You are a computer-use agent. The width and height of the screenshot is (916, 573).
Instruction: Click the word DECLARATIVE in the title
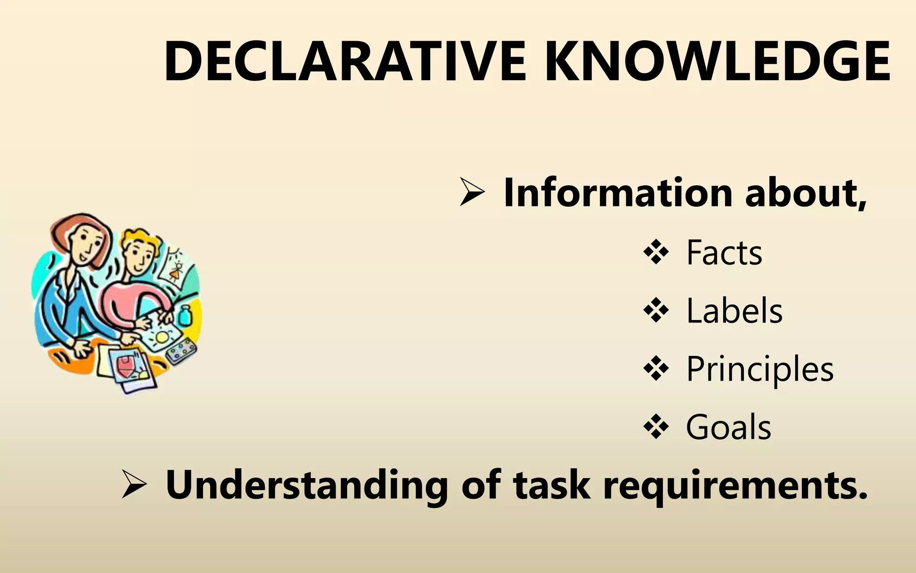(344, 61)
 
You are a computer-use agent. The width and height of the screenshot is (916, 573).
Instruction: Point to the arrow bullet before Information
(472, 192)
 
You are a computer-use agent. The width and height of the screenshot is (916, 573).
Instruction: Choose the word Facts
(724, 253)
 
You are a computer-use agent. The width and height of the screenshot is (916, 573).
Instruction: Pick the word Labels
(734, 311)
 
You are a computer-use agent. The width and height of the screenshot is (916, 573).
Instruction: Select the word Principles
(759, 369)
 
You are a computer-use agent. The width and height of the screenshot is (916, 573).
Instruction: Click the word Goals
(728, 427)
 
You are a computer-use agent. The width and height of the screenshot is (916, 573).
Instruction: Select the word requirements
(734, 486)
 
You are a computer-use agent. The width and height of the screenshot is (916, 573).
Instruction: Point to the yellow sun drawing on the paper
(161, 336)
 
